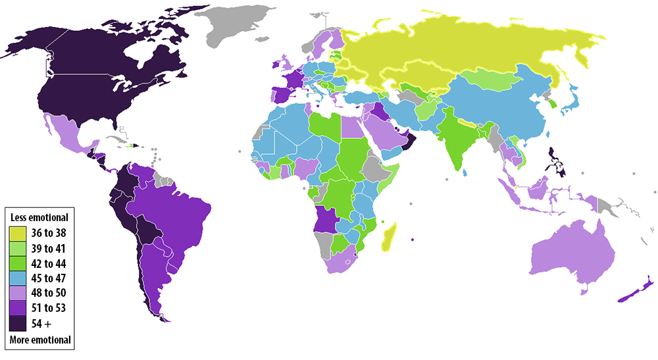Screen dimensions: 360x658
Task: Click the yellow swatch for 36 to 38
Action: [x=18, y=233]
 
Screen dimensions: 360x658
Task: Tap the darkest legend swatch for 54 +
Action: [x=18, y=323]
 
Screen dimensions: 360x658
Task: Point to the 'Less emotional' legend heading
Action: [x=39, y=217]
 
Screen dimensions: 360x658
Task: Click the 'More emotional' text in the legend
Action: [x=40, y=340]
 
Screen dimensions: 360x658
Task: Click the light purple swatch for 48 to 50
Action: [x=18, y=293]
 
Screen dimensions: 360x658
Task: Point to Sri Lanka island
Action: [x=466, y=172]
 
